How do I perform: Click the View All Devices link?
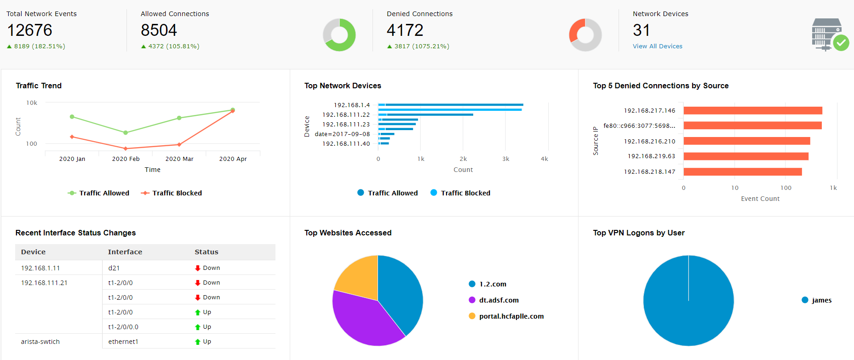pyautogui.click(x=657, y=46)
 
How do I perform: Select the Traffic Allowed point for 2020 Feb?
pyautogui.click(x=126, y=132)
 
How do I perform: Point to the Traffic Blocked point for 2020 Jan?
pyautogui.click(x=72, y=137)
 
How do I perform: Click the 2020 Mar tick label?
pyautogui.click(x=179, y=159)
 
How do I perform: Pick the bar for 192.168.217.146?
pyautogui.click(x=752, y=111)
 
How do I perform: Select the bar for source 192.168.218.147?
pyautogui.click(x=742, y=172)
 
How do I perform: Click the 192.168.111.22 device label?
pyautogui.click(x=346, y=115)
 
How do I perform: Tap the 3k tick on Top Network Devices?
pyautogui.click(x=505, y=159)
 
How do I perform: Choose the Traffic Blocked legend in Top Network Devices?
pyautogui.click(x=460, y=193)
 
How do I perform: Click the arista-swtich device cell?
pyautogui.click(x=40, y=342)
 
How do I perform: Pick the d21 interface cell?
pyautogui.click(x=114, y=268)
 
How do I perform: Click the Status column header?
pyautogui.click(x=206, y=252)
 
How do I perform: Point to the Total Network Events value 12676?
pyautogui.click(x=30, y=30)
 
